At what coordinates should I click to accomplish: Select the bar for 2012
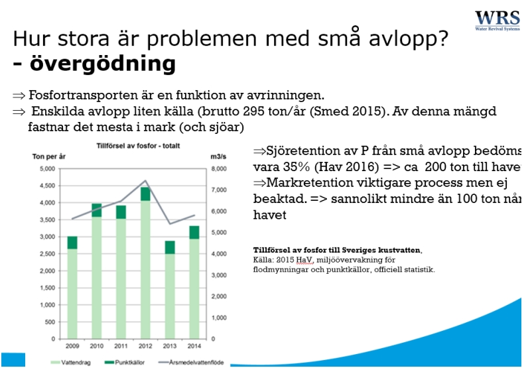[x=146, y=265]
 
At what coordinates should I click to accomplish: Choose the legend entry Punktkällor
[x=125, y=362]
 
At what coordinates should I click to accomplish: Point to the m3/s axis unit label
[x=218, y=158]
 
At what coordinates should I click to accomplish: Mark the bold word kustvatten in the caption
[x=396, y=249]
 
